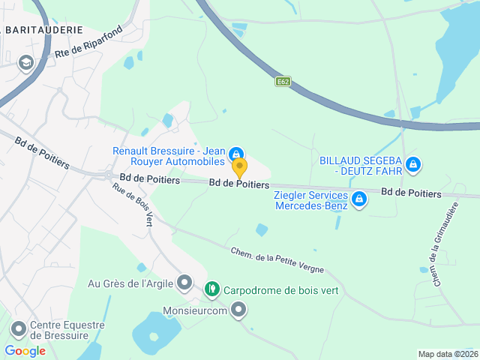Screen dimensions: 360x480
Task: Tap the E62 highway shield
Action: pos(282,82)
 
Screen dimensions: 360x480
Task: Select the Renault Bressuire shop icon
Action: pos(236,153)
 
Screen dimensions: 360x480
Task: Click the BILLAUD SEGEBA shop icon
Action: pos(412,164)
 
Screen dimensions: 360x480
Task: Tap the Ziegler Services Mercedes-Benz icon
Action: pos(359,199)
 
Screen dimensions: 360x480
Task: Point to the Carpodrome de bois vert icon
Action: pos(212,288)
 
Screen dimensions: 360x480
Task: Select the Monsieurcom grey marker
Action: pos(239,309)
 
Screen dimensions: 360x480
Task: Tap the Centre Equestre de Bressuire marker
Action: pos(19,328)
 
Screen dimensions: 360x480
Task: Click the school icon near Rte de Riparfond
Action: pos(26,62)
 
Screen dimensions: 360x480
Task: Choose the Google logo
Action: pos(25,350)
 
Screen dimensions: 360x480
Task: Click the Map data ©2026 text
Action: pos(447,354)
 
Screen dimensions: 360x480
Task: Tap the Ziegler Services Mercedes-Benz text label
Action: pos(310,200)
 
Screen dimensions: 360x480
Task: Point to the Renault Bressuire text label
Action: pos(169,155)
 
